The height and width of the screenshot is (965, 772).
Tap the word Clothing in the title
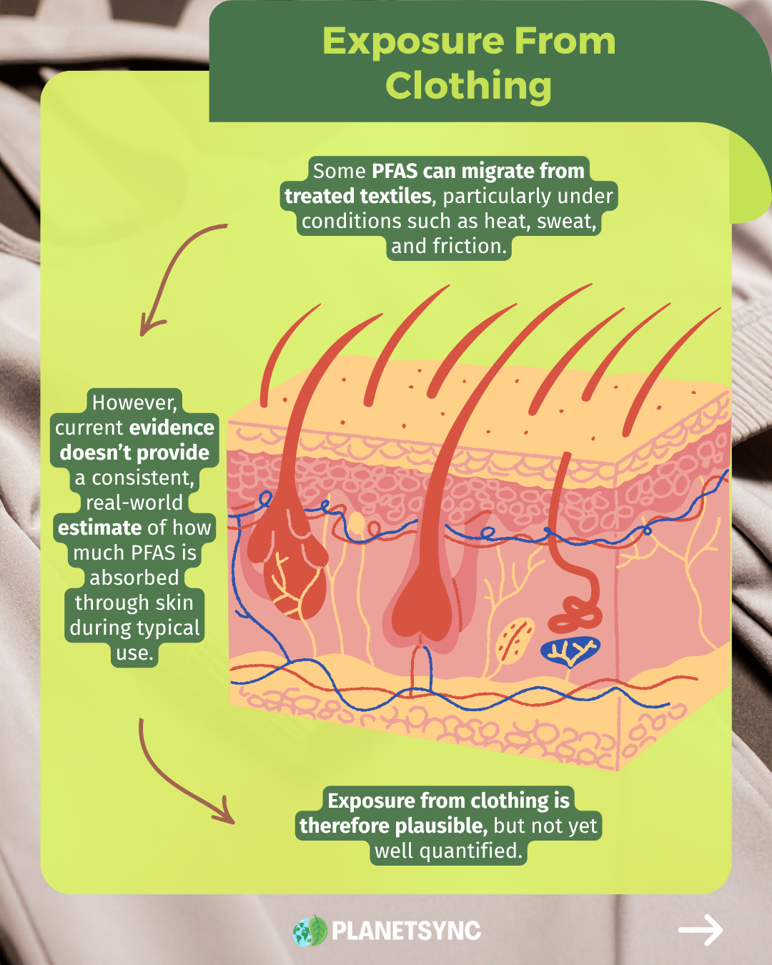468,86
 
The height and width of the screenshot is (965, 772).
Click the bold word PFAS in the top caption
395,171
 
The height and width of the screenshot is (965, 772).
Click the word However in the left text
134,402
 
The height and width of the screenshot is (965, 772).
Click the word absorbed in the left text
134,578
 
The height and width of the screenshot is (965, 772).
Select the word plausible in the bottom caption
440,826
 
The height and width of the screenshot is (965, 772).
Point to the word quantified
470,851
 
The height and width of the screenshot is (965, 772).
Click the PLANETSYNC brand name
406,931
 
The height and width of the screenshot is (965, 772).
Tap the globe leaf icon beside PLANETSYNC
310,931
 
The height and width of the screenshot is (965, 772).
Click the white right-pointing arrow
700,930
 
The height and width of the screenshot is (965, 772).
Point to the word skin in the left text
174,603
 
